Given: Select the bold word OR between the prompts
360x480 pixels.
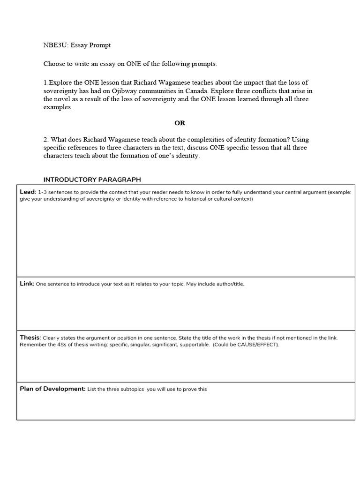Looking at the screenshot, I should [180, 123].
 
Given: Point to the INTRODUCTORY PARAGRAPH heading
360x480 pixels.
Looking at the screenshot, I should [92, 180].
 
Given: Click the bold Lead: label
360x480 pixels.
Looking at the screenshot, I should [28, 192].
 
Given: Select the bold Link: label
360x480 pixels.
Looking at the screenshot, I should [27, 284].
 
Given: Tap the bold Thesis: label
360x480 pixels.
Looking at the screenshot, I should [30, 337].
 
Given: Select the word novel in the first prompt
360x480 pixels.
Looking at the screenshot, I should [64, 99].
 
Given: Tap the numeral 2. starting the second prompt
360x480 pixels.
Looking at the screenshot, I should [46, 140].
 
